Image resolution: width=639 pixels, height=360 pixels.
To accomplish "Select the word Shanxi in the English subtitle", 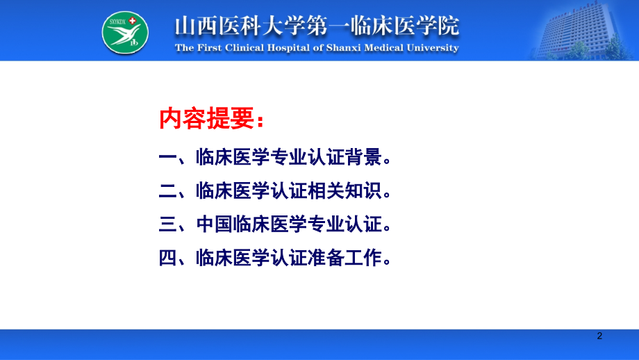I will (x=336, y=48).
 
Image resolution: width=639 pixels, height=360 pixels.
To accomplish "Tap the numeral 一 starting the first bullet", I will (x=168, y=158).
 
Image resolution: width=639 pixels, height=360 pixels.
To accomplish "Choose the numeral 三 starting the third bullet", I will (x=168, y=225).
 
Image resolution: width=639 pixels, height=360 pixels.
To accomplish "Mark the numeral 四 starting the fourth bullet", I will (x=168, y=259).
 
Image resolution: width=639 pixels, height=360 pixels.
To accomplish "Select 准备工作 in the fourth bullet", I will (x=345, y=259).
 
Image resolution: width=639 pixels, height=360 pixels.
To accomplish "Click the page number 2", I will (x=600, y=336).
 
